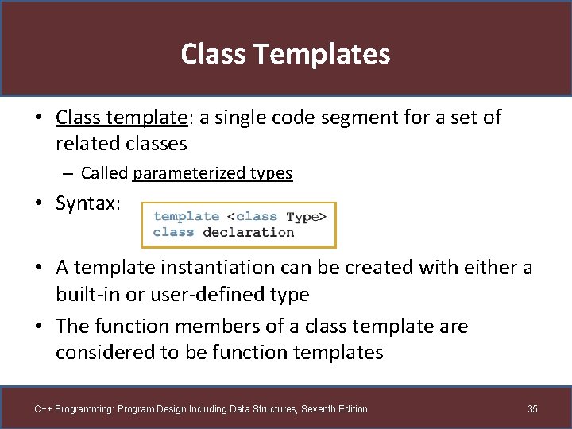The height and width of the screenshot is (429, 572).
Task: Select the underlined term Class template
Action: click(121, 118)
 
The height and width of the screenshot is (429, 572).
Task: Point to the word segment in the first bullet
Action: click(355, 118)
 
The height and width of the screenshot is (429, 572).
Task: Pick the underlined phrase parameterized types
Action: click(213, 173)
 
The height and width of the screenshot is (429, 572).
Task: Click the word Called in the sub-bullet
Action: click(105, 173)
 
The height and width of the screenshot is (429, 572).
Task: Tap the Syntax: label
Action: click(88, 203)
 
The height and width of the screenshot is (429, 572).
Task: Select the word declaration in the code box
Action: click(248, 233)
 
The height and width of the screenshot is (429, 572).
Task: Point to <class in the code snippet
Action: click(253, 217)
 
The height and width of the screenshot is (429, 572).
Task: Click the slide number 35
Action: click(532, 409)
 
